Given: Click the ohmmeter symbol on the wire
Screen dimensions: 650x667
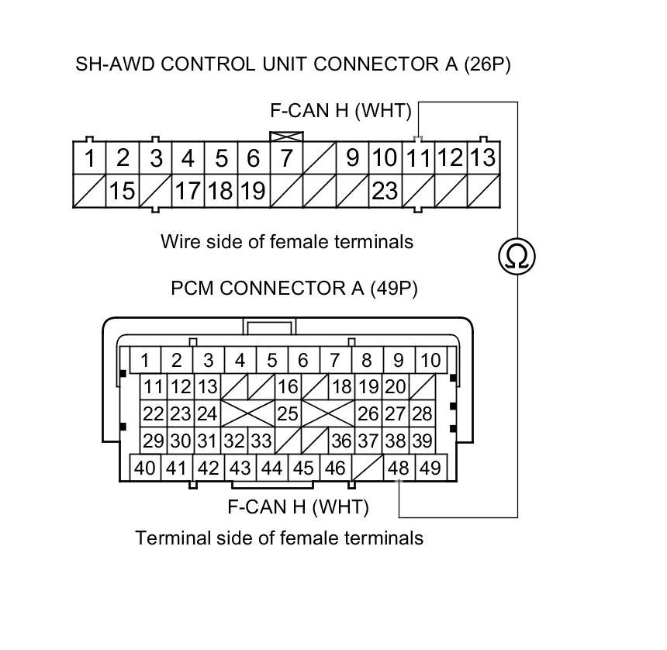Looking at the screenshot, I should point(517,255).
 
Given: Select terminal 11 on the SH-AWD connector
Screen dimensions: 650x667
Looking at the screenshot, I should point(418,158).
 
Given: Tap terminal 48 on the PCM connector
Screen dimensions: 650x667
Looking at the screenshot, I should point(399,468).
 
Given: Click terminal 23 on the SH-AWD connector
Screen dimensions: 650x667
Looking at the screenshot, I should point(385,191).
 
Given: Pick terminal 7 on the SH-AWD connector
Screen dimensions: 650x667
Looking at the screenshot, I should point(286,158).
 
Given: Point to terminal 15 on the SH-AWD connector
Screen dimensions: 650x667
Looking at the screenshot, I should point(122,191).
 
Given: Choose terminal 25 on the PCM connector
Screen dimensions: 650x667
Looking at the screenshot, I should point(287,413).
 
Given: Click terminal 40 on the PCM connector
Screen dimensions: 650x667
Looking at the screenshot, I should point(145,468).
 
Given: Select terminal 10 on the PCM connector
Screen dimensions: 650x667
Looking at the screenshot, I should point(430,360).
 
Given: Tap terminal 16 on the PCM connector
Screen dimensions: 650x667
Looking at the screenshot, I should point(287,386).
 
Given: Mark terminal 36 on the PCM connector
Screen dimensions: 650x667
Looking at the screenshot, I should point(341,441).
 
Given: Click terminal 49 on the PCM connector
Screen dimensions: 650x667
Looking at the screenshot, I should point(430,468).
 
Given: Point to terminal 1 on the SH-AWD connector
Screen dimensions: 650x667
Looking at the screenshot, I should point(90,158).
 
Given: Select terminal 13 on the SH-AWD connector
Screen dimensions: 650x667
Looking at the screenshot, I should point(482,158).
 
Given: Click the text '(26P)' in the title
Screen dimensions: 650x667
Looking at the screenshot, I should point(487,64).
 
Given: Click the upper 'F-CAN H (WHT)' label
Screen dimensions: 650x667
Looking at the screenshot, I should point(340,110).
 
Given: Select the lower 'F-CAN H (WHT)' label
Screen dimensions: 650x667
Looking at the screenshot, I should point(298,507).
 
